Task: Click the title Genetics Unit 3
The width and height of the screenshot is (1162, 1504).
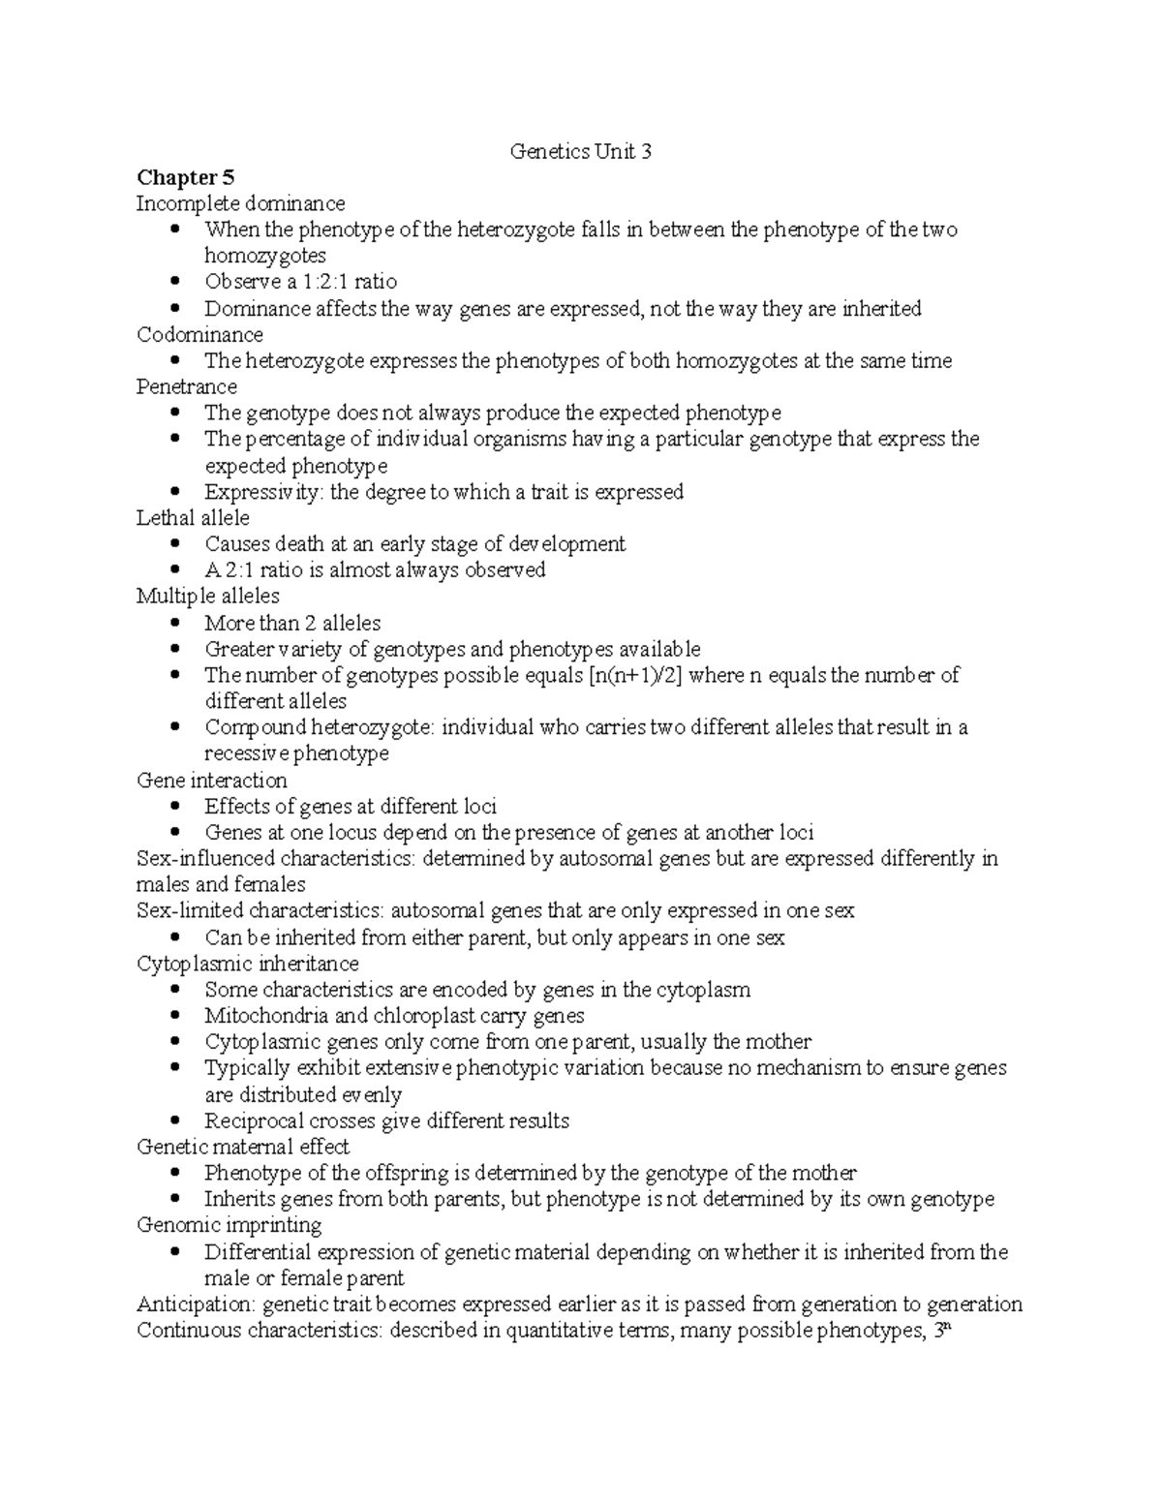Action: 580,151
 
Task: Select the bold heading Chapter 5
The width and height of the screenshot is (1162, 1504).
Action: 185,177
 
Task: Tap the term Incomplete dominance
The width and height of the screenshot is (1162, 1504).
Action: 240,203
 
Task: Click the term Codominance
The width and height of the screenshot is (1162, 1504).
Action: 199,335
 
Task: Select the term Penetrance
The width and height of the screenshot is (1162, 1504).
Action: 187,387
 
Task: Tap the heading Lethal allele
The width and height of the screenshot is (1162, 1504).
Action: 193,518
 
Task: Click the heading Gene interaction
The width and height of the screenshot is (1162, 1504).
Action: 211,781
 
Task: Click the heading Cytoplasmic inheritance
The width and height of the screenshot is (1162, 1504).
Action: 247,964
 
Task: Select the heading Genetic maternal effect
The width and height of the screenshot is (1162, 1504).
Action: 243,1147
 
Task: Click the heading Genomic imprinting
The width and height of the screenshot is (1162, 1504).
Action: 229,1225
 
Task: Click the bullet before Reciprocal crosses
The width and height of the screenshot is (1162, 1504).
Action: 174,1121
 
